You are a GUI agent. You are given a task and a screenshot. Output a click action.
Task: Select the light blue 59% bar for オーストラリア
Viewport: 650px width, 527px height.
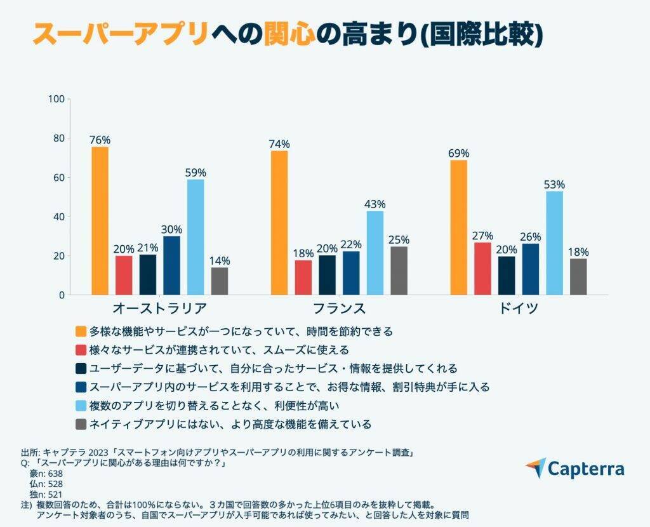click(x=196, y=237)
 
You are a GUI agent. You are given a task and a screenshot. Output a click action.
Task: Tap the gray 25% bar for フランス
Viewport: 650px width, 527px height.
click(x=399, y=270)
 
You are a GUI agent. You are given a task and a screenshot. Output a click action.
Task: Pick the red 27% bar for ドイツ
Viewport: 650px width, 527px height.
click(x=482, y=269)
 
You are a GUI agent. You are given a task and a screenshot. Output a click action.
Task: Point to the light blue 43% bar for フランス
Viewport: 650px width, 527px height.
click(x=375, y=253)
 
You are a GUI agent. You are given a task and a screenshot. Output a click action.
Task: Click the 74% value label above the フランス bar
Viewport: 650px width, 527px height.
click(x=279, y=143)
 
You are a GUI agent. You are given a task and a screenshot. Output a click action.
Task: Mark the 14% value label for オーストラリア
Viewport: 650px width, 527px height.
click(x=220, y=260)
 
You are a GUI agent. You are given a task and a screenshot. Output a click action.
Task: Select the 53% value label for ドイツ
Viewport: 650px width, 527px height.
click(x=554, y=185)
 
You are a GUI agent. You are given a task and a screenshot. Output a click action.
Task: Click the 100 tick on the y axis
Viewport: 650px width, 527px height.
click(x=56, y=99)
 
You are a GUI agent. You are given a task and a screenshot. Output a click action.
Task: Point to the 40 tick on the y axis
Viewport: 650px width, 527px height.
click(x=58, y=217)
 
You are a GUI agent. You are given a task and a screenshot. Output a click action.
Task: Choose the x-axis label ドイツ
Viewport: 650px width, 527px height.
click(x=519, y=309)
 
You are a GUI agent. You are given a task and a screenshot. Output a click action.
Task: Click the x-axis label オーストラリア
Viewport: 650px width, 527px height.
click(x=159, y=309)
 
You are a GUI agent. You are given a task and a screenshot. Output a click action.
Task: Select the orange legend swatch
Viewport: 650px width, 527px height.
click(x=81, y=331)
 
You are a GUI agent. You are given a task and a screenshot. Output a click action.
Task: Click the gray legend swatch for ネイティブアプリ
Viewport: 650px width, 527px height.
click(x=81, y=424)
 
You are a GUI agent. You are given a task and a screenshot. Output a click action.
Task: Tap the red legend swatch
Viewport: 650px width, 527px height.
click(x=81, y=350)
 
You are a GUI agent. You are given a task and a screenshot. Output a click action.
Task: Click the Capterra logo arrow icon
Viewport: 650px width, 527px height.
click(x=536, y=468)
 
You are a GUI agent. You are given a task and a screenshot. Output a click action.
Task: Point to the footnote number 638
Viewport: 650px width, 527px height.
click(x=55, y=473)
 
